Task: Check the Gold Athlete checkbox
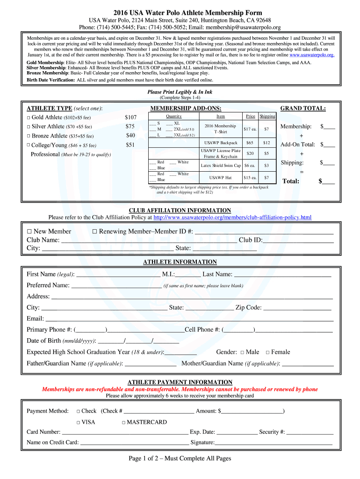coord(29,117)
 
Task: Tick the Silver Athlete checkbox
coord(29,127)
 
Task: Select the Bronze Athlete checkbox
coord(29,136)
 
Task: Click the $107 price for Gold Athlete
coord(130,117)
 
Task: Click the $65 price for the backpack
coord(250,143)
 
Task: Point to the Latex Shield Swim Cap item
coord(221,165)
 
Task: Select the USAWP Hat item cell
coord(221,178)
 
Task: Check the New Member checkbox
coord(29,232)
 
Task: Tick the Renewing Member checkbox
coord(94,232)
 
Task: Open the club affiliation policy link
coord(232,218)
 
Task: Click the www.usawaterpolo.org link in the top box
coord(312,55)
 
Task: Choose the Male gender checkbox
coord(243,352)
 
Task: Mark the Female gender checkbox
coord(268,352)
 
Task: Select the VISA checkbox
coord(78,422)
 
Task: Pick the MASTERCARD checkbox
coord(123,422)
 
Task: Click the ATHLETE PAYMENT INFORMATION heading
coord(180,382)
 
